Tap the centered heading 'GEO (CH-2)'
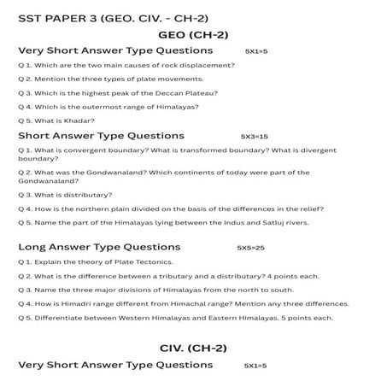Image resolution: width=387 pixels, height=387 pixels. coord(193,35)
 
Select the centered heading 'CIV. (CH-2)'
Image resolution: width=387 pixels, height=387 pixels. coord(193,348)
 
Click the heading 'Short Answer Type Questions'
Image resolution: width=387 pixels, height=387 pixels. coord(101,136)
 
